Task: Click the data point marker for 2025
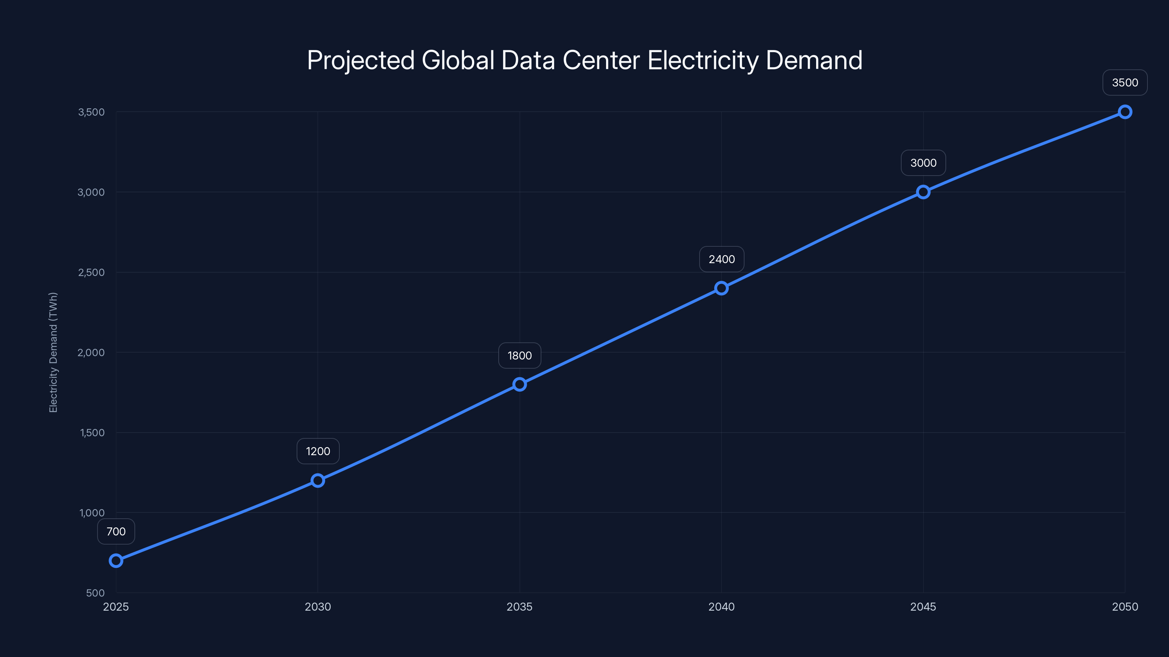[116, 561]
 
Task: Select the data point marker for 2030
[318, 481]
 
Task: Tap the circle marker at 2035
[519, 384]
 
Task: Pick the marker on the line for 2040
[721, 288]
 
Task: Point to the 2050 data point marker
[1125, 112]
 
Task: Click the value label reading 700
[116, 531]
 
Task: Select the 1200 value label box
[318, 451]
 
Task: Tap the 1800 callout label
[519, 356]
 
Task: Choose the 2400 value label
[721, 260]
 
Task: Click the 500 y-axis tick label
[95, 593]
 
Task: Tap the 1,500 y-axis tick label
[92, 433]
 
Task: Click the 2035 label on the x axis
[519, 607]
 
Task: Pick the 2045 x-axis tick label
[923, 607]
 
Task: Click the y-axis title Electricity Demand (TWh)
[53, 352]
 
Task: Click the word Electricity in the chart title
[703, 60]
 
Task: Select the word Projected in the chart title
[361, 60]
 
